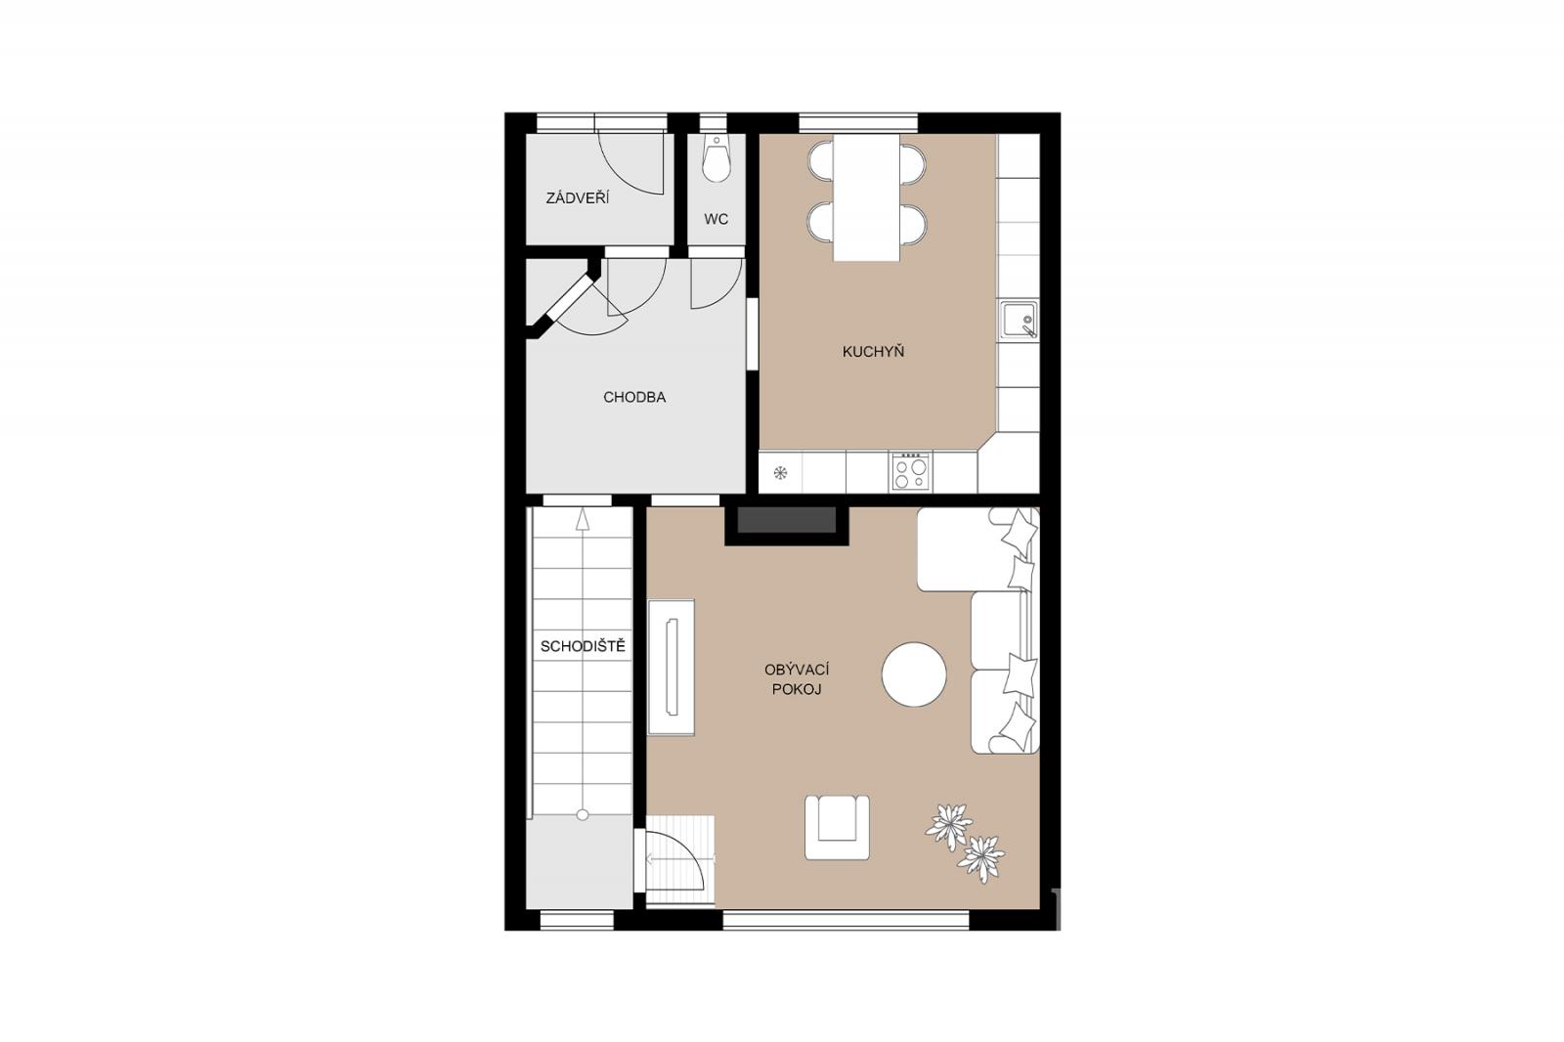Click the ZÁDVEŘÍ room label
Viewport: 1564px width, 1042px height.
tap(578, 197)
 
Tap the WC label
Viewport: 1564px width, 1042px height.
tap(716, 219)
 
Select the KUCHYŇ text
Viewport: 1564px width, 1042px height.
tap(873, 351)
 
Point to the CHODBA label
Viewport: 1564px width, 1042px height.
tap(634, 398)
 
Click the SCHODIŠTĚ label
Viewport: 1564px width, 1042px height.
tap(583, 646)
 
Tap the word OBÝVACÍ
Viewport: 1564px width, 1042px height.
tap(797, 670)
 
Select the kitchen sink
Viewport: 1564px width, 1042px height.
tap(1018, 320)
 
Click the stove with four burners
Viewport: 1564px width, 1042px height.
tap(911, 471)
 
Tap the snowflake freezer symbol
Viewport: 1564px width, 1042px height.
tap(781, 473)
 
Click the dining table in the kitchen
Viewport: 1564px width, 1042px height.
tap(866, 197)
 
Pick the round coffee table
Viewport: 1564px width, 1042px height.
tap(914, 674)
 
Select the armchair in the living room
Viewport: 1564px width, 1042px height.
tap(837, 828)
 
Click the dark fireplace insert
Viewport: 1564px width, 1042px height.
tap(787, 520)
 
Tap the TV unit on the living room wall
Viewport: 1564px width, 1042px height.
tap(671, 667)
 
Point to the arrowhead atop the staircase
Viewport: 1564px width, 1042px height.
tap(583, 519)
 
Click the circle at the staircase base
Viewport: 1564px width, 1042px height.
tap(583, 814)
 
